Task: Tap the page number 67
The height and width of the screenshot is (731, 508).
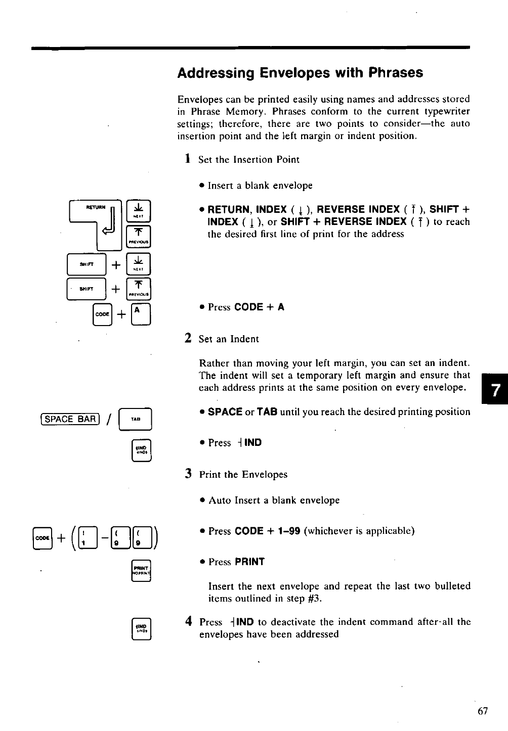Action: click(482, 711)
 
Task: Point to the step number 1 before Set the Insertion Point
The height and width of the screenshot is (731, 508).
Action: click(187, 159)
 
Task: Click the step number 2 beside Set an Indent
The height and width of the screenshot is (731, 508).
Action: click(188, 338)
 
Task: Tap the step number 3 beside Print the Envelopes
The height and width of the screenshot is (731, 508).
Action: click(188, 474)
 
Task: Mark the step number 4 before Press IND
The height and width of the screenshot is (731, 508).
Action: click(188, 621)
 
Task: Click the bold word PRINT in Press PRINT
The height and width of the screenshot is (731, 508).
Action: click(249, 562)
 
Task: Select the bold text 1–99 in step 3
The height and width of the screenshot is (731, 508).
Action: click(287, 531)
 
